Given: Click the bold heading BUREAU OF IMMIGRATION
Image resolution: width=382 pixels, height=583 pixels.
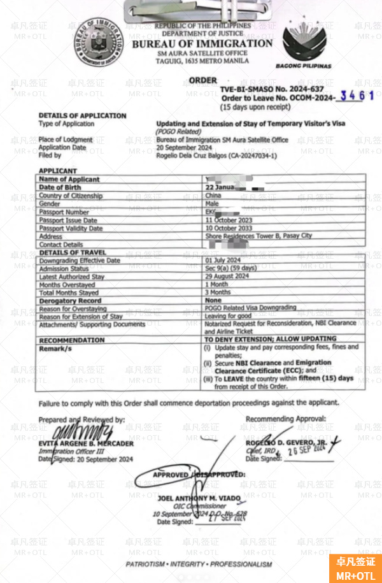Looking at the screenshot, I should coord(202,44).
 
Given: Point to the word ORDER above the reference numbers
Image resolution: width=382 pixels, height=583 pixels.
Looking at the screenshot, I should coord(202,80).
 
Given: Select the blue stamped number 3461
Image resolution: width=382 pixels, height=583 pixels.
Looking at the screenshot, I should coord(357,96).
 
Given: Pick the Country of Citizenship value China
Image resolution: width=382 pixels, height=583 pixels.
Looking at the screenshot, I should coord(213,196).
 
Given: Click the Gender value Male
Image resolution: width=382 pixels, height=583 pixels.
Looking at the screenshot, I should coord(212,204).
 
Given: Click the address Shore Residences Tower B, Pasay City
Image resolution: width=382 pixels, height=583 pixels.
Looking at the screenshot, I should coord(258,236).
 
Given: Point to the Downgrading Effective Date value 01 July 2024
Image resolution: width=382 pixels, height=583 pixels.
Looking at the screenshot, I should coord(223,261).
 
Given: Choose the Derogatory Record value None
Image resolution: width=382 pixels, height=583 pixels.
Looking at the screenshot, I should coord(213,300).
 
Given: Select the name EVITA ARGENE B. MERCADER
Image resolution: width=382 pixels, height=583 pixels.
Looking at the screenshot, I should coord(86,443).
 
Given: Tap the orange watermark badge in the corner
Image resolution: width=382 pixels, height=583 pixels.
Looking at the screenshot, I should coord(356,568).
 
